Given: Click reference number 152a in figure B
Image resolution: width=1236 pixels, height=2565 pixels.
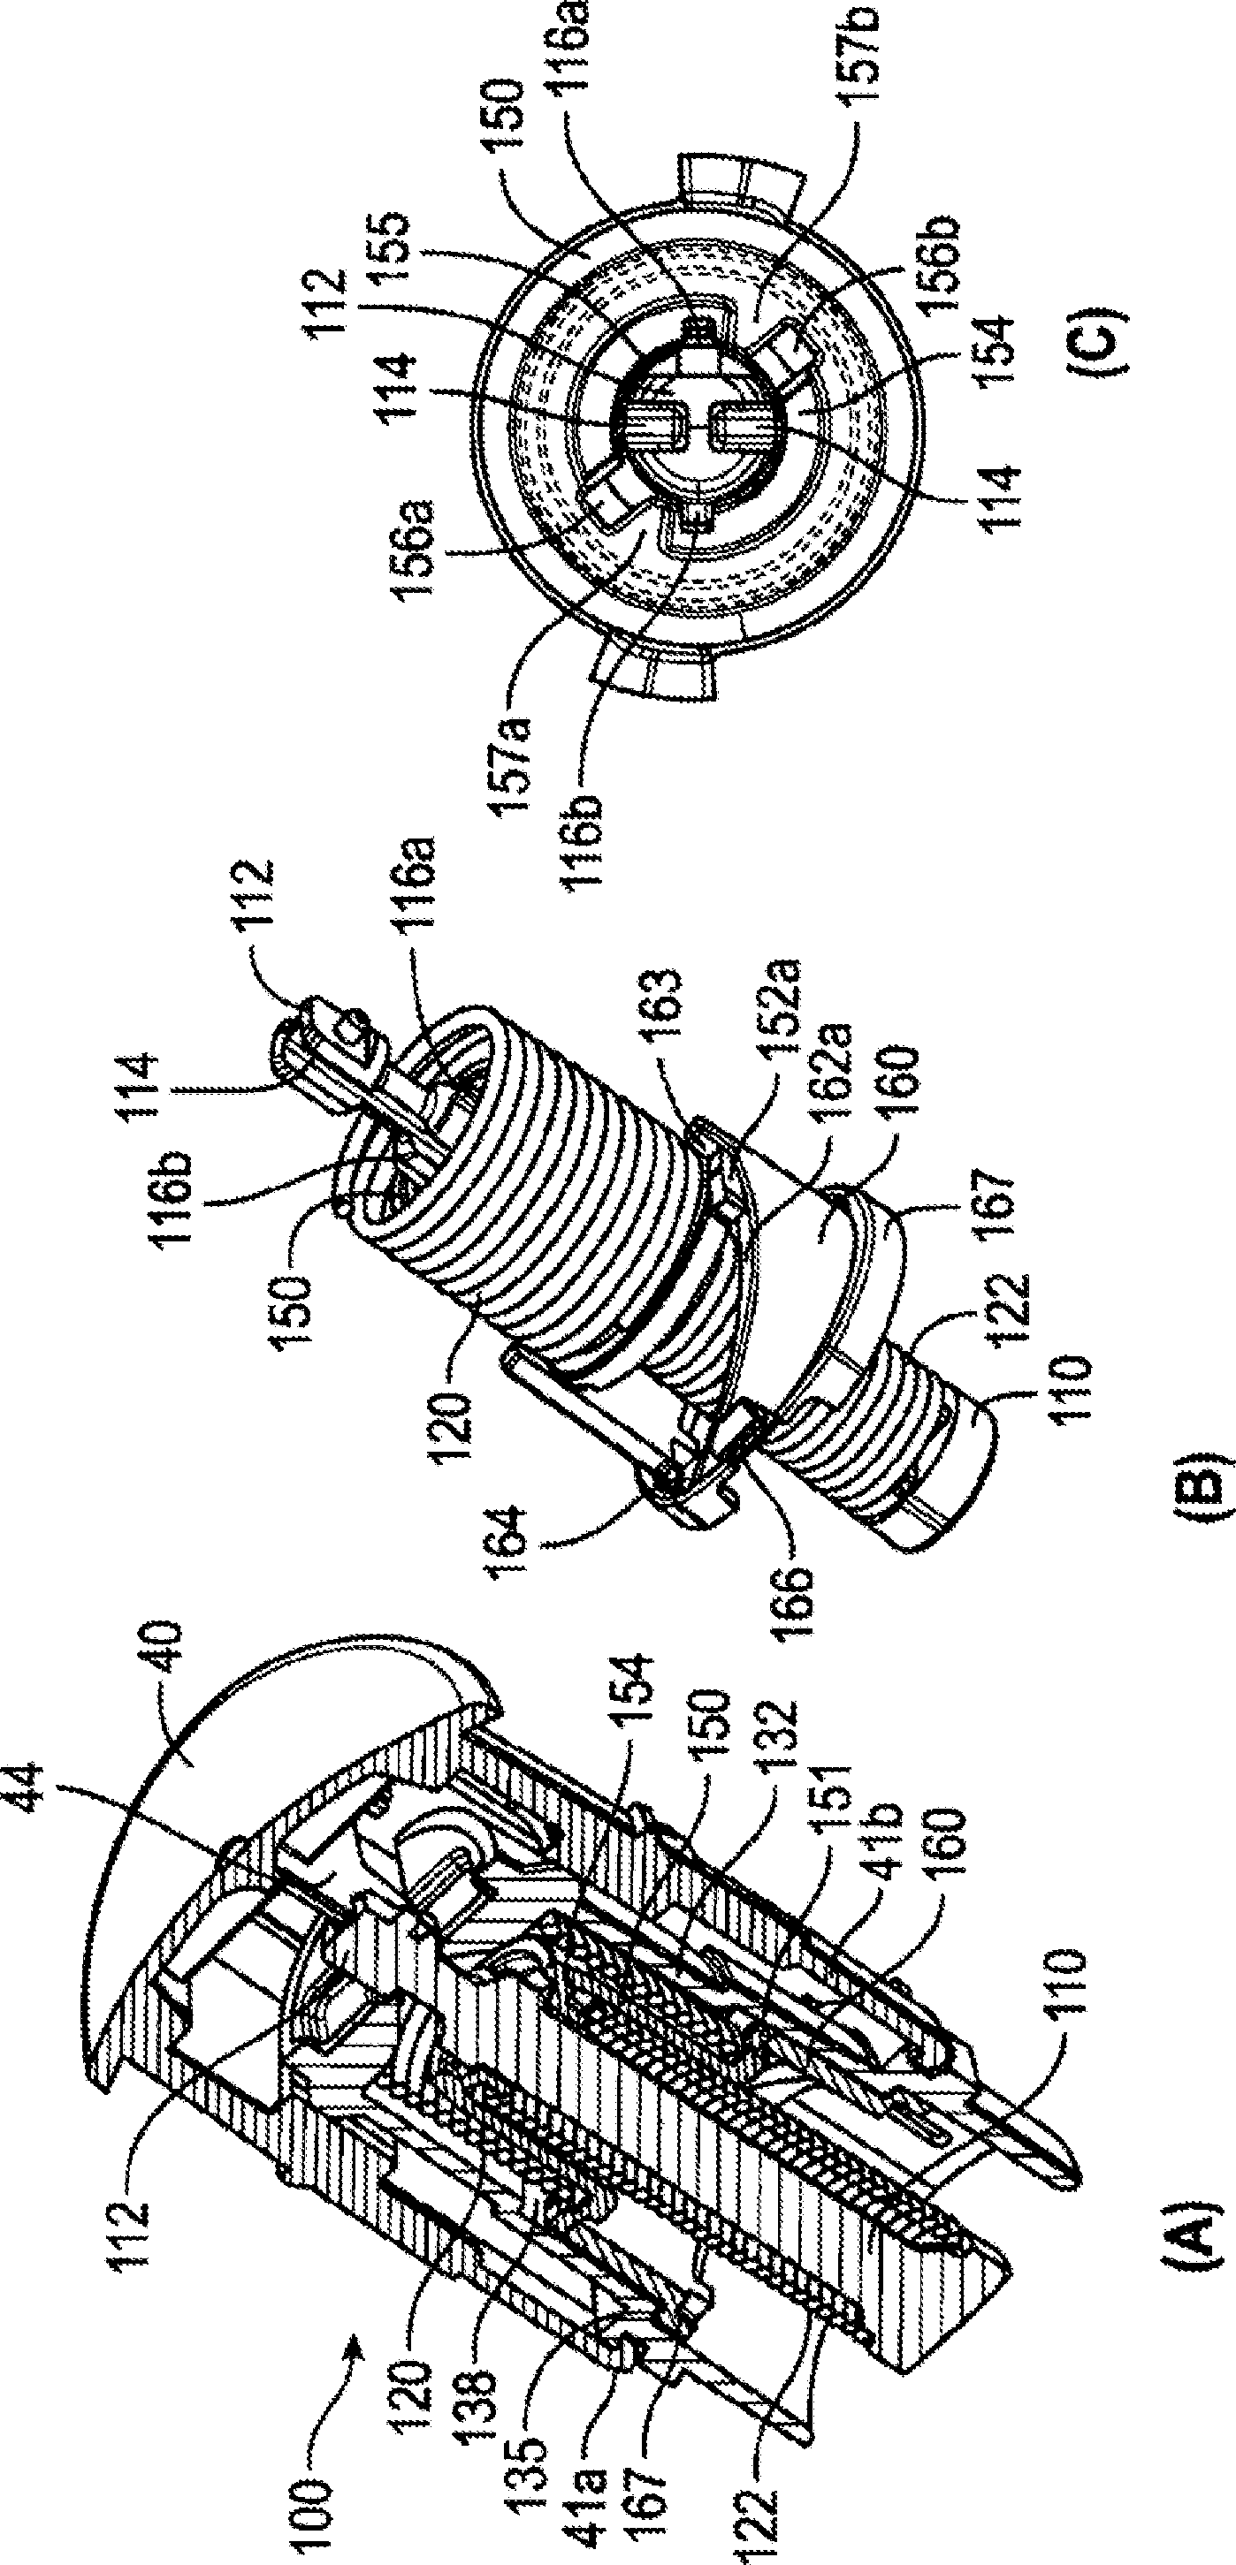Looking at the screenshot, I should coord(787,997).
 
